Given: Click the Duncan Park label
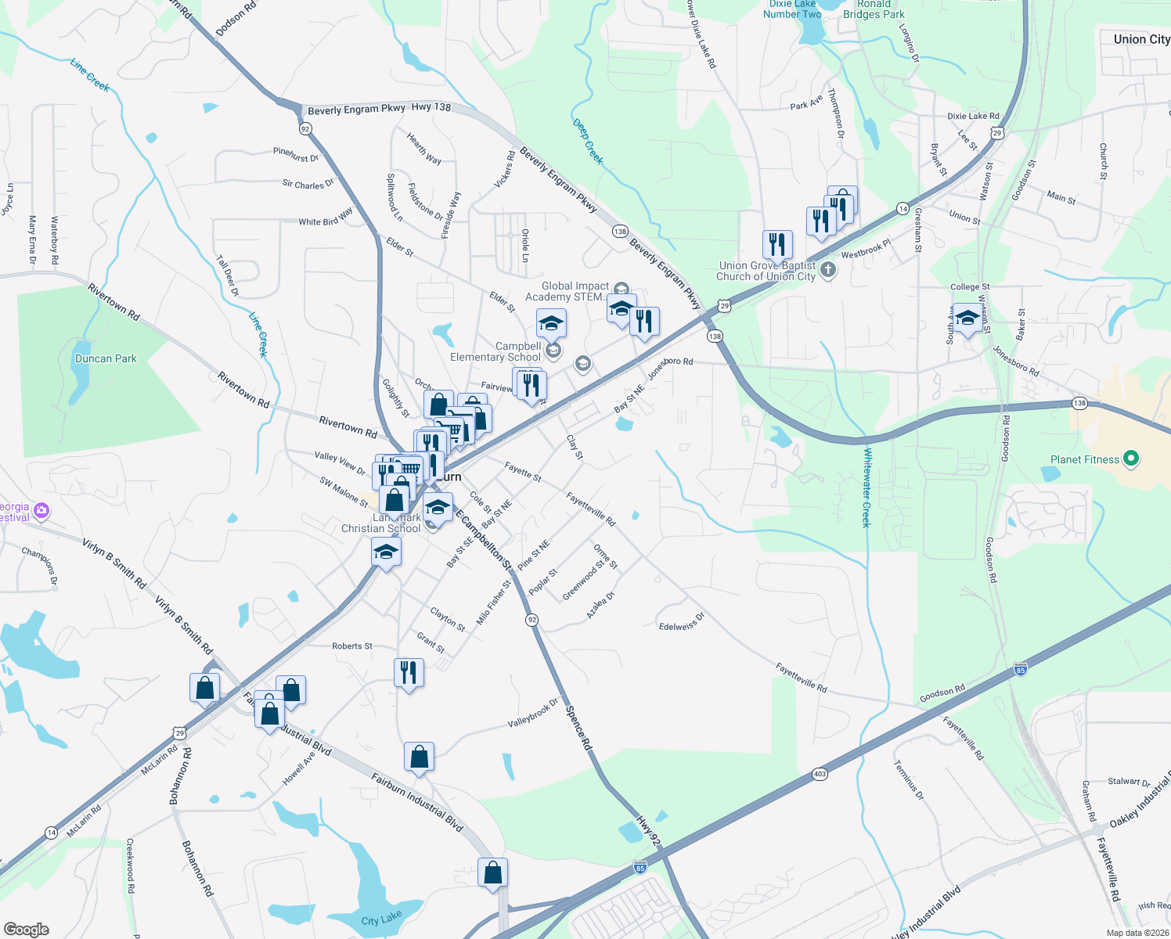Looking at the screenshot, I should coord(106,358).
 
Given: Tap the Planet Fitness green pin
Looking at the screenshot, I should coord(1130,459).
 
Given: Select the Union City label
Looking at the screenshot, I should coord(1141,39).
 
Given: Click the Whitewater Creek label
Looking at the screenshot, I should coord(867,487).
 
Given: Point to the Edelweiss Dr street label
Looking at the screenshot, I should coord(682,621).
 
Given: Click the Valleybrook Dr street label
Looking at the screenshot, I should coord(533,713).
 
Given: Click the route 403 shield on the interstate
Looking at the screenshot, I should coord(820,774).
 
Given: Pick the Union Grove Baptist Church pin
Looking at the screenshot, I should coord(828,270).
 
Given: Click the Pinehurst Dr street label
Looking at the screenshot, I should coord(296,154).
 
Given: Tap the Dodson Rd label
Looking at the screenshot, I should coord(236,18).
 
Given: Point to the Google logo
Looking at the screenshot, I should coord(27,929).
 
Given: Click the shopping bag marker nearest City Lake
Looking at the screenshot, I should coord(492,872).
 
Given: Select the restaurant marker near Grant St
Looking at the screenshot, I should coord(409,672).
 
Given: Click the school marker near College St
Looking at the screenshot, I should coord(967,317).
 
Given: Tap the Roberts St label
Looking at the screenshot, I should coord(352,646).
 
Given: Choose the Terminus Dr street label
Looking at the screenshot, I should coord(909,779).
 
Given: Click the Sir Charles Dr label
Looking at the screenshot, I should coord(308,185).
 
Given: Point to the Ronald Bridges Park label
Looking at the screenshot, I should coord(874,9).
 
